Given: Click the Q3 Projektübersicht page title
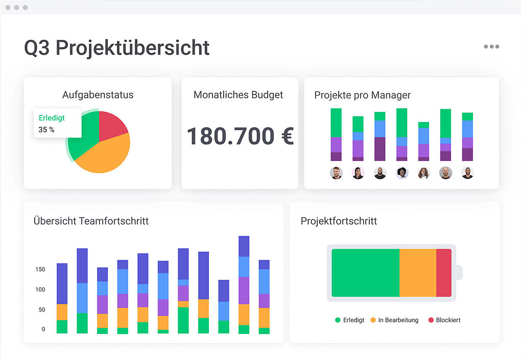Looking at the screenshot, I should coord(117,48).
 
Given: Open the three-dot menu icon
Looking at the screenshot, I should coord(491,46).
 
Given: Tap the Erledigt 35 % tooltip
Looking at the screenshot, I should coord(57,123).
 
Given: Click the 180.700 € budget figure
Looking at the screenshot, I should coord(240,136).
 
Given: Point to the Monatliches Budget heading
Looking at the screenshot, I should coord(238,95).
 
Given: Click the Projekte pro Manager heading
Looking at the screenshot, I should coord(362,95).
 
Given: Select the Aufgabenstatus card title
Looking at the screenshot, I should coord(98,95).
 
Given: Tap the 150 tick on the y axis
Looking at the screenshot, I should coord(40,269).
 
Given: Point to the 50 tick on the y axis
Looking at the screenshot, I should coord(41,309).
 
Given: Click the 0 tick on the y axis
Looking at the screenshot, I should coord(43,329).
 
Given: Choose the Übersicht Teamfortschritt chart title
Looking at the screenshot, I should coord(91,221).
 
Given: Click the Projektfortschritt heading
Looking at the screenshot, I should coord(339,221).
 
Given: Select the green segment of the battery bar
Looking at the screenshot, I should coord(365,273).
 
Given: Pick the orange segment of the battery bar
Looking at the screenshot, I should coord(417,273).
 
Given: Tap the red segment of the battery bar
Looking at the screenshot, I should coord(443,273).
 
